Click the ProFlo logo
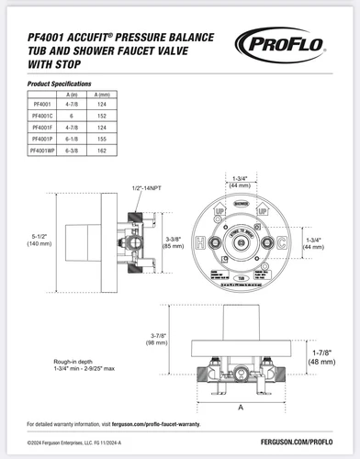tap(292, 42)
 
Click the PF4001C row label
tap(41, 117)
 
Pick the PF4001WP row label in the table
tap(42, 148)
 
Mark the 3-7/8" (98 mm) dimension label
tap(159, 339)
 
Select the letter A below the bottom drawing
tap(240, 404)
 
